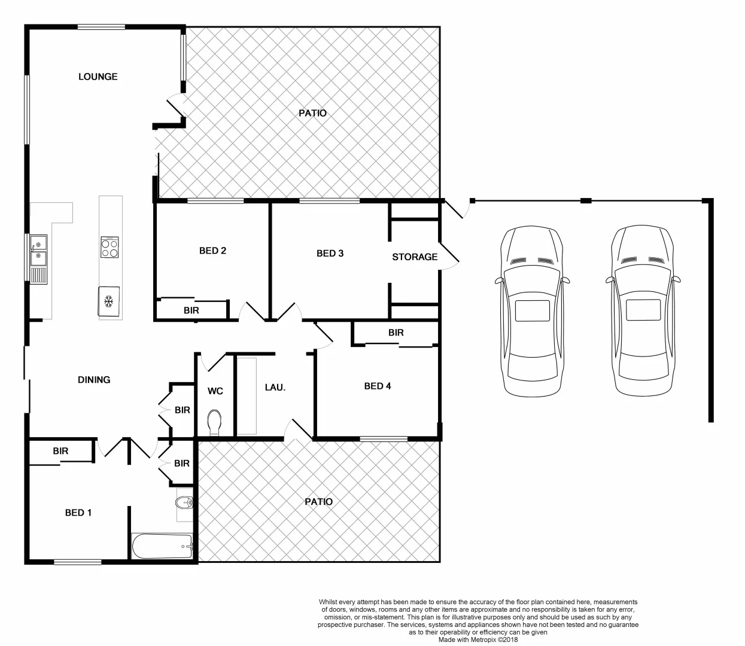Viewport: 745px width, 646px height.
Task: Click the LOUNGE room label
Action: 98,77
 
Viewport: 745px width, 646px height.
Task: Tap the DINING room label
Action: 94,380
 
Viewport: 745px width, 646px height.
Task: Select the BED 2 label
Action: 212,251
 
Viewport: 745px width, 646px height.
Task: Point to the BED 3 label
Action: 330,254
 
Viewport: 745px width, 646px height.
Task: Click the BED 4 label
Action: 378,386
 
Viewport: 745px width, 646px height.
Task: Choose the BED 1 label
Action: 78,513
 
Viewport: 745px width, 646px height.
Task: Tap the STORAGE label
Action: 415,257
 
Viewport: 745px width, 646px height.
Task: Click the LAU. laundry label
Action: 275,388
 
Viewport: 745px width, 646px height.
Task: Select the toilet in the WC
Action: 214,422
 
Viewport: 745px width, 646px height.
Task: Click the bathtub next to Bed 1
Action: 162,546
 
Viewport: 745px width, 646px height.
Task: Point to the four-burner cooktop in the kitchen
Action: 110,247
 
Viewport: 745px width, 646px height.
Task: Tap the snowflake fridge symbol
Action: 109,301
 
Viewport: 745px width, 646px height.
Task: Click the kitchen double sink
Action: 39,251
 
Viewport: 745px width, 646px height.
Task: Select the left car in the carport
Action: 532,311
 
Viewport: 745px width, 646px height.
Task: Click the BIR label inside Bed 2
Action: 191,311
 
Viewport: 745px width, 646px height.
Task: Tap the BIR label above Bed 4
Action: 396,333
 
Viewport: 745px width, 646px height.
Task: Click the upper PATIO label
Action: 313,113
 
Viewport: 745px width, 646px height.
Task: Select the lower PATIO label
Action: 318,502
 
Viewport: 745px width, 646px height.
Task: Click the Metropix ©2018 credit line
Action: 478,639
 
